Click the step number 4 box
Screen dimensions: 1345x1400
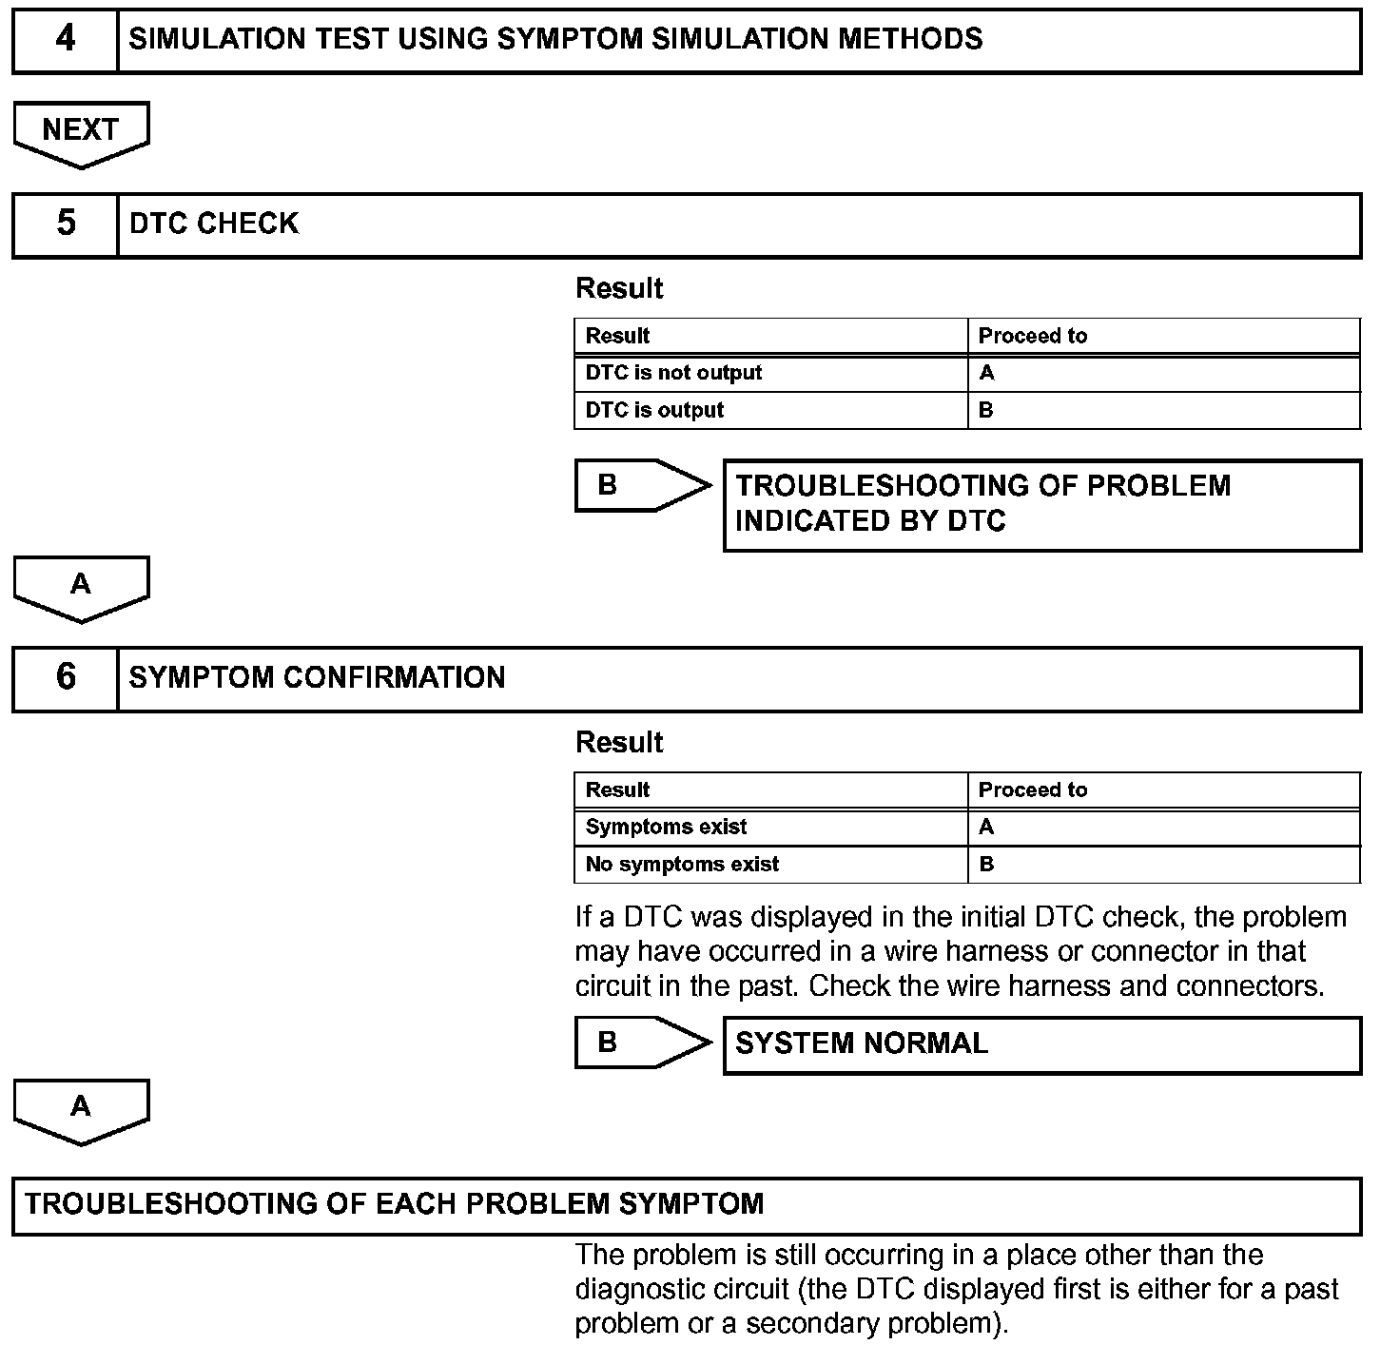[x=65, y=40]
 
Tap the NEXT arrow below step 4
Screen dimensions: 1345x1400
[x=81, y=131]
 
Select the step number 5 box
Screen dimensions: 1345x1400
[x=65, y=224]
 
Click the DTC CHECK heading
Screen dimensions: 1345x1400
[x=214, y=224]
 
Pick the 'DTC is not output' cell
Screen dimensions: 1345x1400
[x=673, y=373]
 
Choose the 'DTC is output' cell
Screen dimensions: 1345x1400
[x=654, y=410]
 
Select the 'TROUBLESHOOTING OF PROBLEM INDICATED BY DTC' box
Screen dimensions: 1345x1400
[x=1041, y=504]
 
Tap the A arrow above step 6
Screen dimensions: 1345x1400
[x=81, y=586]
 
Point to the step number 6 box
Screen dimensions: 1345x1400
[x=65, y=678]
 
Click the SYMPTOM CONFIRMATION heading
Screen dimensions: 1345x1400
[x=317, y=677]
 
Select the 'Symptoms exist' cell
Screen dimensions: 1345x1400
[x=666, y=827]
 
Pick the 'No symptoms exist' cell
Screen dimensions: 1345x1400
[x=682, y=864]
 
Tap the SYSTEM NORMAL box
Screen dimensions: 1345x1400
[x=1041, y=1044]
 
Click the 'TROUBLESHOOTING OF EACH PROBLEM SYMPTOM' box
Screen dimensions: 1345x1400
[x=685, y=1205]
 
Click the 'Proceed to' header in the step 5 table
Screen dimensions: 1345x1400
[x=1032, y=336]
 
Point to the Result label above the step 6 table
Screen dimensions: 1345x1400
[x=619, y=743]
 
